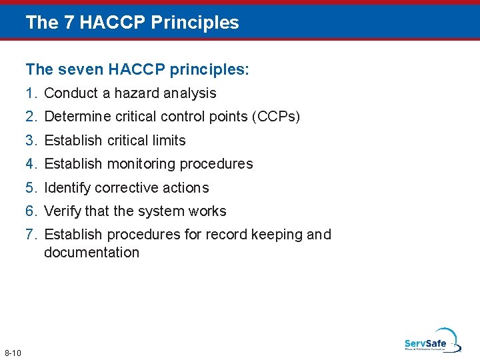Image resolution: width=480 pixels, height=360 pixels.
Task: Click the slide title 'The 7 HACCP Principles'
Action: (x=132, y=23)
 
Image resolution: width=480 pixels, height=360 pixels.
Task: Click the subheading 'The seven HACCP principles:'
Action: (x=137, y=69)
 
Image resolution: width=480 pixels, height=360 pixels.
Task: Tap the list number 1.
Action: (x=31, y=93)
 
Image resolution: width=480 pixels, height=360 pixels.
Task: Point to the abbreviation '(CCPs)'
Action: (x=276, y=117)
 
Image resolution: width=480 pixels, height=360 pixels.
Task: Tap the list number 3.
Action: (x=31, y=141)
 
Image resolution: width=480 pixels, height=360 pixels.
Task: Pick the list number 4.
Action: (x=31, y=164)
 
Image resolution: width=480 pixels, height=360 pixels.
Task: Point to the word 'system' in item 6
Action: (x=159, y=211)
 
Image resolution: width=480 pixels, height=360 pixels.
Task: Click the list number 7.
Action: (x=31, y=235)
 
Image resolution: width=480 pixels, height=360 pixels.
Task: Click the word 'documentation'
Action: (x=91, y=253)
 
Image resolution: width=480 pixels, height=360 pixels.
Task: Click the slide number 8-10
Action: (x=13, y=353)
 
